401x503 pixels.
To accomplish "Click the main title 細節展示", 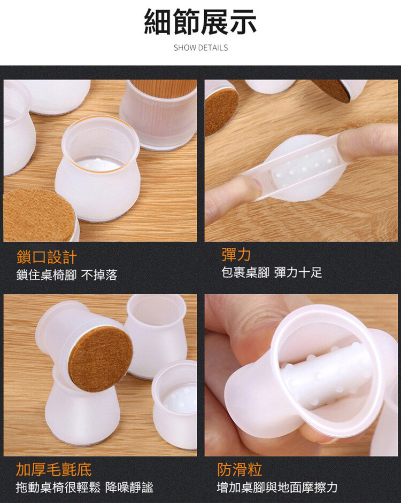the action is (200, 22).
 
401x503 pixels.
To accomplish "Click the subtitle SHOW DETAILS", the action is (200, 48).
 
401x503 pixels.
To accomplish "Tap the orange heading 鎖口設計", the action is (47, 257).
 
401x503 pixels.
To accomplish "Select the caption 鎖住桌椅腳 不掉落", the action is (67, 275).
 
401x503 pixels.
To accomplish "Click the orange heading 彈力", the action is (236, 255).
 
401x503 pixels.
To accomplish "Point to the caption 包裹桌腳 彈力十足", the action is (272, 272).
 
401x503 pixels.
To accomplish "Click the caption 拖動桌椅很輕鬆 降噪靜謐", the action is (84, 488).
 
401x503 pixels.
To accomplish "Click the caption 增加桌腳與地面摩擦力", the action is (277, 488).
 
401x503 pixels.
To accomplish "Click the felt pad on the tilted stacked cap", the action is (101, 359).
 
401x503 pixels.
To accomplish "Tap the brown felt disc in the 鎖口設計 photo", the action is (39, 215).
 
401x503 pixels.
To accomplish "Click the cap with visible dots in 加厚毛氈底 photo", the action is (175, 404).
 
